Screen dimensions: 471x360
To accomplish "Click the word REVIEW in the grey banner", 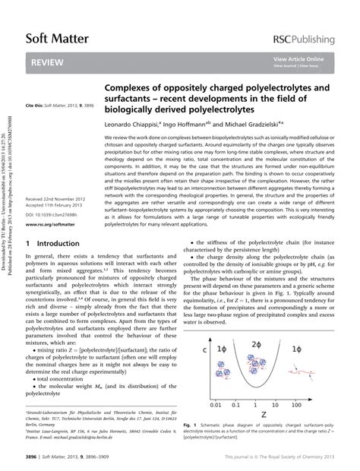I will [x=49, y=65].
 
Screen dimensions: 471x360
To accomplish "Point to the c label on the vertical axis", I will [x=205, y=349].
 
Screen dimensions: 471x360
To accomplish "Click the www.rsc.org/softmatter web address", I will [x=50, y=225].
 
